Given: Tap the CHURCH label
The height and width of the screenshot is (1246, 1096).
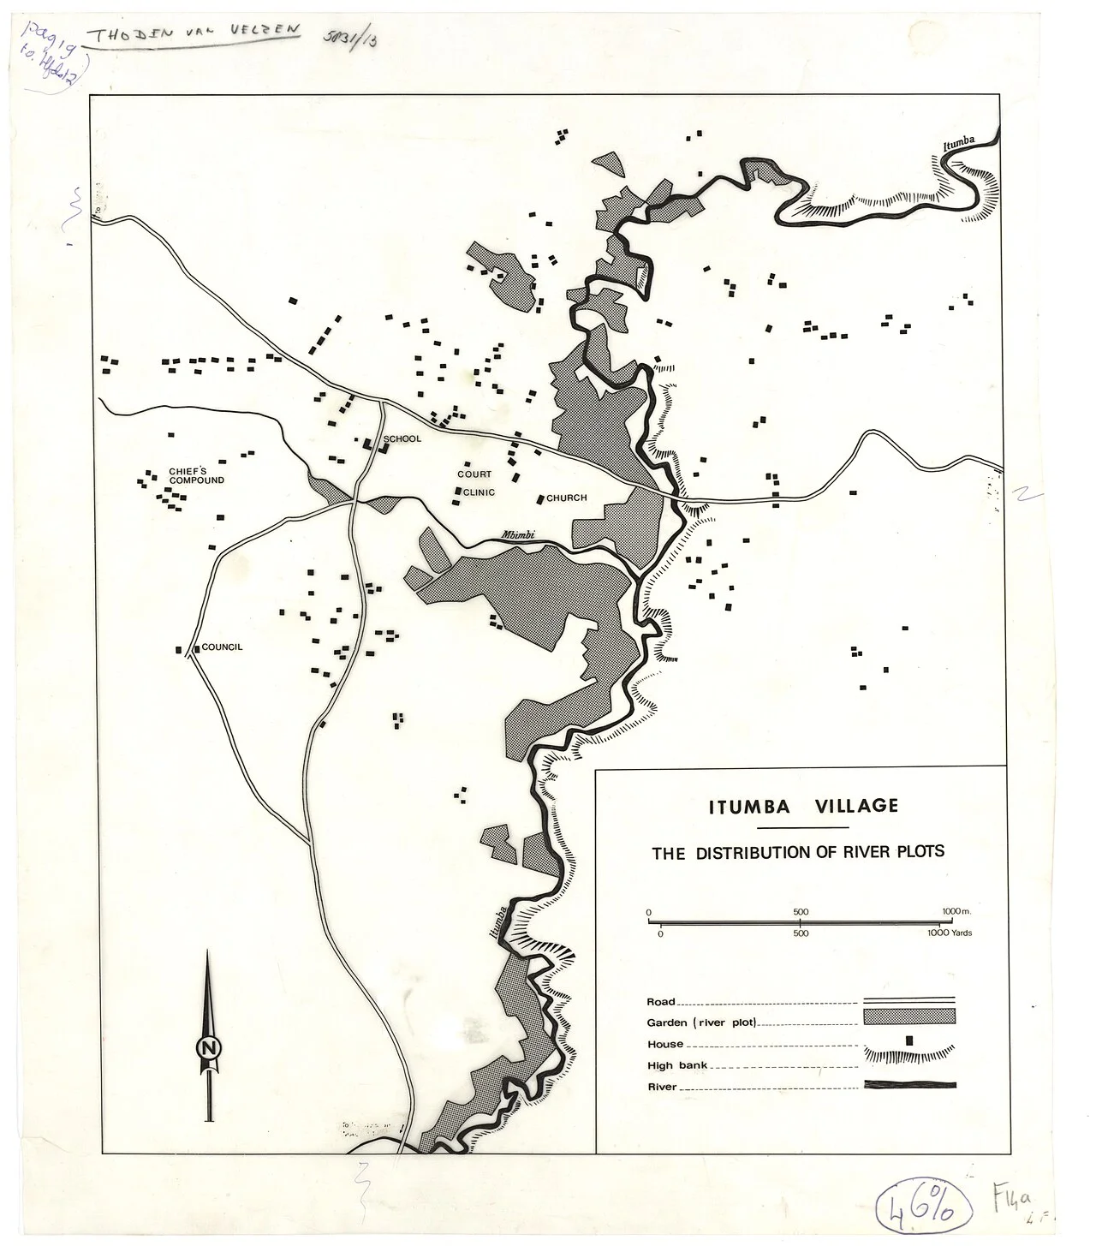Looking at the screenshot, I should (566, 498).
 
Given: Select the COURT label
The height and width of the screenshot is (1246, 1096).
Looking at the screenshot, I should (474, 474).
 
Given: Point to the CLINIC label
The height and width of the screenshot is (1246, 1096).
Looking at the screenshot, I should (479, 492).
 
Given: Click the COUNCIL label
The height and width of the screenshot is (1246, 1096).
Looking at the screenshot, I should (223, 647).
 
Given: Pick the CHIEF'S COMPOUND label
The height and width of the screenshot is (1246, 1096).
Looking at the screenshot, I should (196, 476).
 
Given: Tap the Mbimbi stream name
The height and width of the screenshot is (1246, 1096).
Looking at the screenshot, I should (518, 536).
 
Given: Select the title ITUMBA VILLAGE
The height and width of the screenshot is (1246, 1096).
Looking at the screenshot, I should (802, 806).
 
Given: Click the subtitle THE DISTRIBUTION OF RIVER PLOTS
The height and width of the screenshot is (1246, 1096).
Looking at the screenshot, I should (798, 853).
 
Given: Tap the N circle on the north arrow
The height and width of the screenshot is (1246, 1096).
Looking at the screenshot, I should (206, 1047).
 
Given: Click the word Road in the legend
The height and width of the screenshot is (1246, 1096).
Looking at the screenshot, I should (661, 1001).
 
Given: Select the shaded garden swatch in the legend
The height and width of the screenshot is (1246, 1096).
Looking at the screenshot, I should (909, 1016).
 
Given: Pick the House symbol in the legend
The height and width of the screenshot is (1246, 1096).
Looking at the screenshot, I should (909, 1039).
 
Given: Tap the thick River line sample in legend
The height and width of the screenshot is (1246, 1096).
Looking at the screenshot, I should (909, 1085).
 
